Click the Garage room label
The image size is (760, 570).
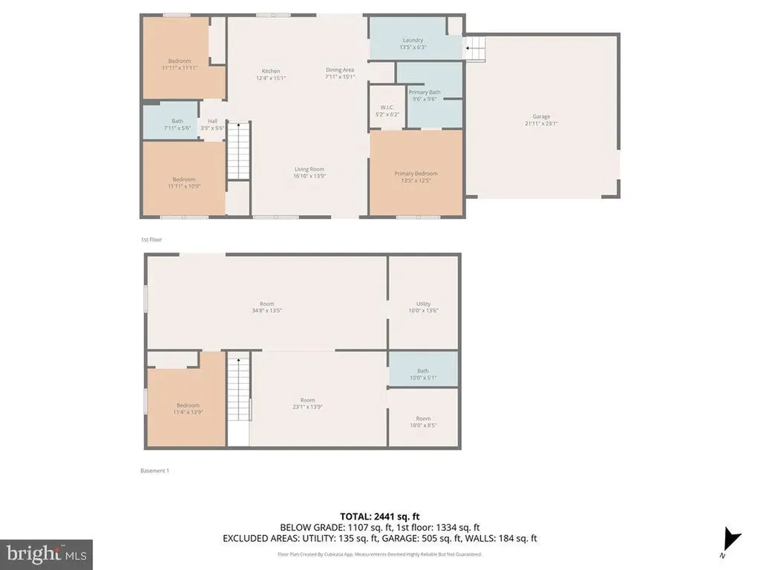541,117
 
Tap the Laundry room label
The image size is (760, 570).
413,40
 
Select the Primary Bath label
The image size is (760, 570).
425,92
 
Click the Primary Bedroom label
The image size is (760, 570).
416,174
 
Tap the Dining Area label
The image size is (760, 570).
340,70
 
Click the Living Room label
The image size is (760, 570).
309,169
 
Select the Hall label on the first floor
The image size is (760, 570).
212,121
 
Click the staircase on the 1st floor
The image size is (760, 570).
238,151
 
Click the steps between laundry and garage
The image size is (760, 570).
475,49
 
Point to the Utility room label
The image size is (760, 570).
423,304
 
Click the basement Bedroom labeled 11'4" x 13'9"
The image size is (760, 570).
188,408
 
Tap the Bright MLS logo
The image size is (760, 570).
46,554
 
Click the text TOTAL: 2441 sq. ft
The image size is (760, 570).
380,516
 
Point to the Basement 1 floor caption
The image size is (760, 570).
154,471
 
